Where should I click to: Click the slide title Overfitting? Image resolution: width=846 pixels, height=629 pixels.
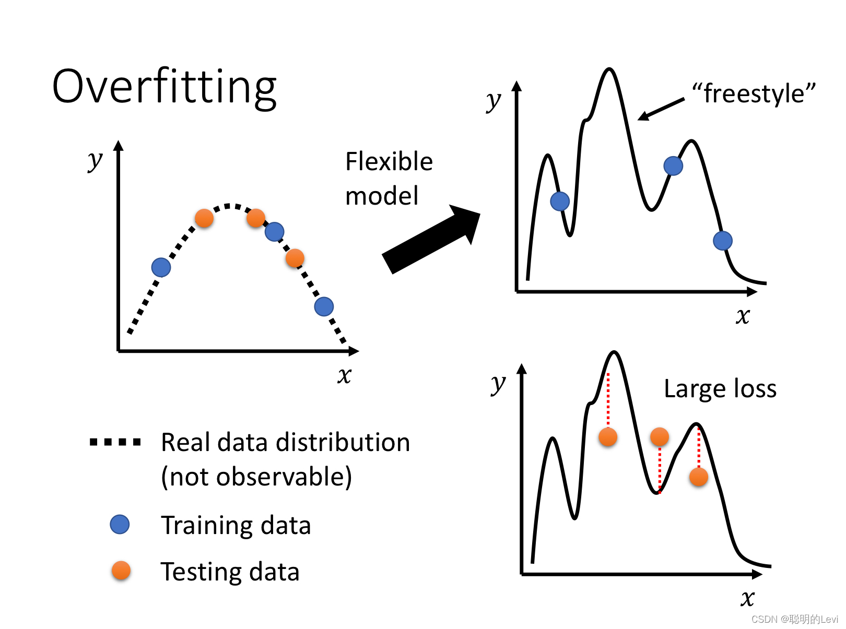[x=164, y=87]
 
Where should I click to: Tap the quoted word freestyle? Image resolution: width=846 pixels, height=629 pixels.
[x=754, y=94]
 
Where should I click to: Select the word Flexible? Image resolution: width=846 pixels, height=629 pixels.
[x=389, y=162]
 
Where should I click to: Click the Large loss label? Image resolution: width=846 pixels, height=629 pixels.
[x=720, y=389]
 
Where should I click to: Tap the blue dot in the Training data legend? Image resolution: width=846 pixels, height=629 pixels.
[x=120, y=525]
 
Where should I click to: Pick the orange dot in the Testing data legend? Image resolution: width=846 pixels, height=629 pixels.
[x=121, y=571]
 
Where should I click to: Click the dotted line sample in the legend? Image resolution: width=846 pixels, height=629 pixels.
[x=115, y=442]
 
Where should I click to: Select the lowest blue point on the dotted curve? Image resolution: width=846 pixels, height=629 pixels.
[x=324, y=306]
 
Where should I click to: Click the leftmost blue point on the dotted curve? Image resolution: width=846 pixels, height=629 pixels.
[x=161, y=267]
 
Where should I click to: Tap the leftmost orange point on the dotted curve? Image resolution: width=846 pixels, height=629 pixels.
[x=204, y=218]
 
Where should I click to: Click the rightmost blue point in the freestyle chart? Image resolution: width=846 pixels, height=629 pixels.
[x=722, y=241]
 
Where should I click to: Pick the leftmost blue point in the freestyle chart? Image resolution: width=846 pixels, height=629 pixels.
[x=560, y=201]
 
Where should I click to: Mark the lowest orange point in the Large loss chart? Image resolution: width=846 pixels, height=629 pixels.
[x=698, y=477]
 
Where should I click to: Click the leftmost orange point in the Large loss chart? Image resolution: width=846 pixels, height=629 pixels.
[x=608, y=437]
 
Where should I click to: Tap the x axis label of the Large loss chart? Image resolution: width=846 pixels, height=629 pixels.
[x=747, y=598]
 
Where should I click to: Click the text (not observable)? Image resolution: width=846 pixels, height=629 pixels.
[x=256, y=477]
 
